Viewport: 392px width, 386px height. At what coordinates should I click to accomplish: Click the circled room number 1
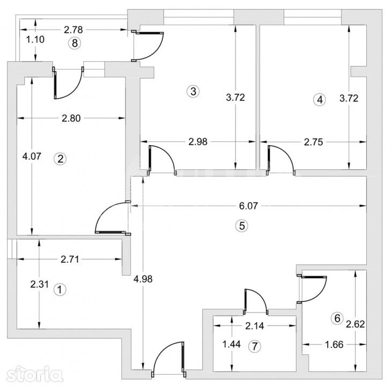[x=60, y=289]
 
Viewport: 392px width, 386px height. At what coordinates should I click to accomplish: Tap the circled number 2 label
[x=60, y=159]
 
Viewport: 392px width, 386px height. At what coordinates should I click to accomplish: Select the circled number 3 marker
[x=193, y=91]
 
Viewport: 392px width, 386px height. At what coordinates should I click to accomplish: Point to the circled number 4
[x=320, y=100]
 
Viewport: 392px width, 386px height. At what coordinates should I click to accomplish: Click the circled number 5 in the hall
[x=242, y=226]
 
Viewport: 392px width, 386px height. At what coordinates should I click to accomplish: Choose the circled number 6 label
[x=337, y=318]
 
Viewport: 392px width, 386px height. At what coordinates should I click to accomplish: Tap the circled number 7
[x=255, y=346]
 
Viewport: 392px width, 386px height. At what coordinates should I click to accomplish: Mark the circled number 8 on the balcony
[x=75, y=43]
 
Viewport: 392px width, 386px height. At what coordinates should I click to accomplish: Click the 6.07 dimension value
[x=248, y=206]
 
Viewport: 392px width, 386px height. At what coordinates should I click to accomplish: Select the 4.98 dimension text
[x=143, y=279]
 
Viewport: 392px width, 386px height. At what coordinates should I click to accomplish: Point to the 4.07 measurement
[x=32, y=156]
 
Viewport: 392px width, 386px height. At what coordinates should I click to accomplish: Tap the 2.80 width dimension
[x=71, y=118]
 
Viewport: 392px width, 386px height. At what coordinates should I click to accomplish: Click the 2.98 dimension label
[x=198, y=142]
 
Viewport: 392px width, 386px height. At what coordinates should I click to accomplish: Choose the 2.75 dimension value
[x=314, y=142]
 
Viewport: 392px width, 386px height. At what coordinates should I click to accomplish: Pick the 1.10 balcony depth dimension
[x=35, y=39]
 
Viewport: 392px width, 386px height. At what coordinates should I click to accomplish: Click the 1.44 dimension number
[x=232, y=344]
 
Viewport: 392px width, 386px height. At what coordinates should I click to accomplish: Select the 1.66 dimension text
[x=334, y=345]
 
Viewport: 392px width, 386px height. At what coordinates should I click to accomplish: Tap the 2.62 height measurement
[x=356, y=324]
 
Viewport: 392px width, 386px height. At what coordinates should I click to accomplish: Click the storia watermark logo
[x=34, y=374]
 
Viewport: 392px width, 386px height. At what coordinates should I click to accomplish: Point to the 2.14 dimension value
[x=255, y=326]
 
